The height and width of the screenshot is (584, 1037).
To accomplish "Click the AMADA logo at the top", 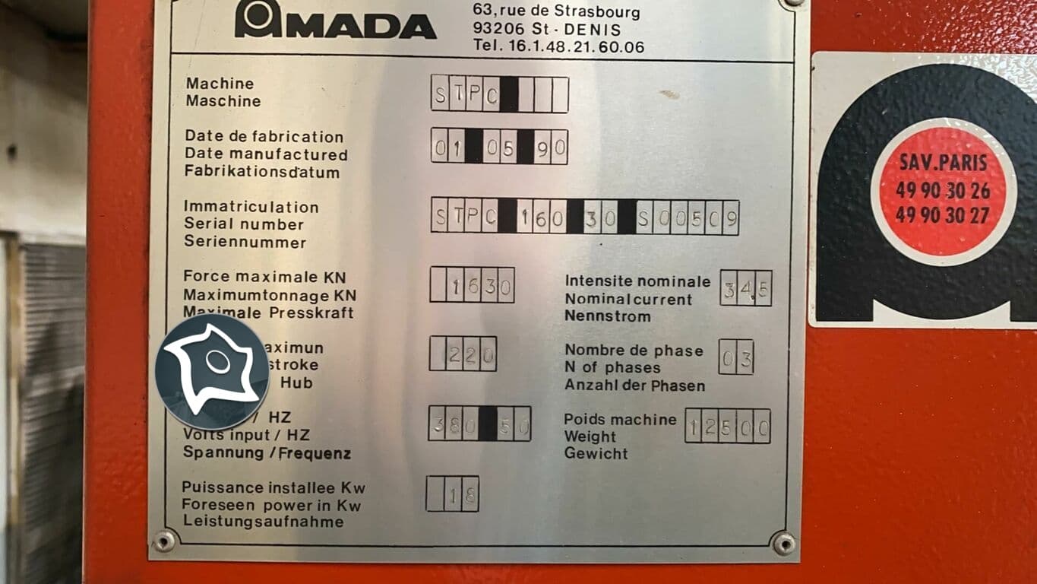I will point(335,21).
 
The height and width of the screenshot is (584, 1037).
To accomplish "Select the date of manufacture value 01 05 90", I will point(499,147).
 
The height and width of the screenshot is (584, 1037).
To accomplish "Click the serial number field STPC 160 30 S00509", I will point(585,217).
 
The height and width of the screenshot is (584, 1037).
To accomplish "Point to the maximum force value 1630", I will point(472,285).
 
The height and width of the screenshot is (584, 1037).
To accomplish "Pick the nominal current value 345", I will point(745,288).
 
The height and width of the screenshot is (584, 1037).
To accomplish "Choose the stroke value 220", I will point(463,354).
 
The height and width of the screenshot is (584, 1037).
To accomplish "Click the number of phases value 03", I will point(735,357).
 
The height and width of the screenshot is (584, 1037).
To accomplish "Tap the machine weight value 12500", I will point(728,427).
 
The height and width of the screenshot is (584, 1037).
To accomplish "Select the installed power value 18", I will point(452,494).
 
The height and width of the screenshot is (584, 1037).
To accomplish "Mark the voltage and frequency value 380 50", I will point(479,424).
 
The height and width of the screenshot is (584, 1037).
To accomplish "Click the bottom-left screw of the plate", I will point(164,541).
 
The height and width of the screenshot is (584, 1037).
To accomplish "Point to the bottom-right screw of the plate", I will point(783,543).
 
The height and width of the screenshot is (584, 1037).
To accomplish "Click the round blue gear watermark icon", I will point(212,372).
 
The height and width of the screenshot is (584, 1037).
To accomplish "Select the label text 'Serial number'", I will point(244,224).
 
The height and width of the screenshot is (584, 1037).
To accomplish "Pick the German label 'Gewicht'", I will point(596,454).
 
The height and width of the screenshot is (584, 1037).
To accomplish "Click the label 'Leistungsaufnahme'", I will point(263,522).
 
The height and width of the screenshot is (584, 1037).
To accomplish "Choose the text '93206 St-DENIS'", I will point(545,30).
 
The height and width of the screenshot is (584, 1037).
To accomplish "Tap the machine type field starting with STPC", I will point(499,94).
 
